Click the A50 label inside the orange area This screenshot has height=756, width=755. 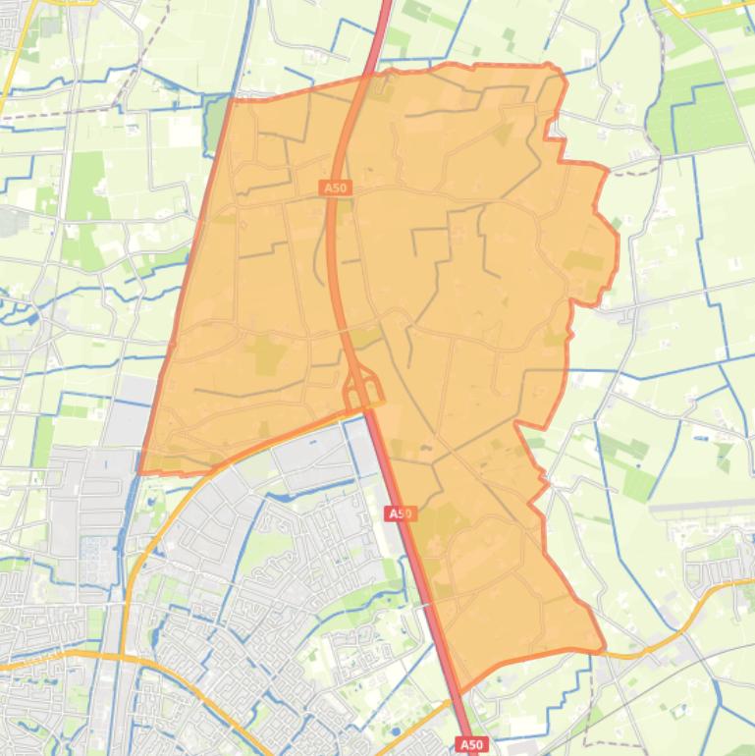point(335,187)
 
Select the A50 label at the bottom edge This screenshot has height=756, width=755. point(472,744)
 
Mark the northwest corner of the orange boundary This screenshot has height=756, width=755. point(234,99)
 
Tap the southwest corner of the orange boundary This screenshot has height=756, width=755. point(139,471)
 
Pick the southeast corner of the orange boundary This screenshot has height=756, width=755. point(603,648)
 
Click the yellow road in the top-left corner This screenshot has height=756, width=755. point(12,69)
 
